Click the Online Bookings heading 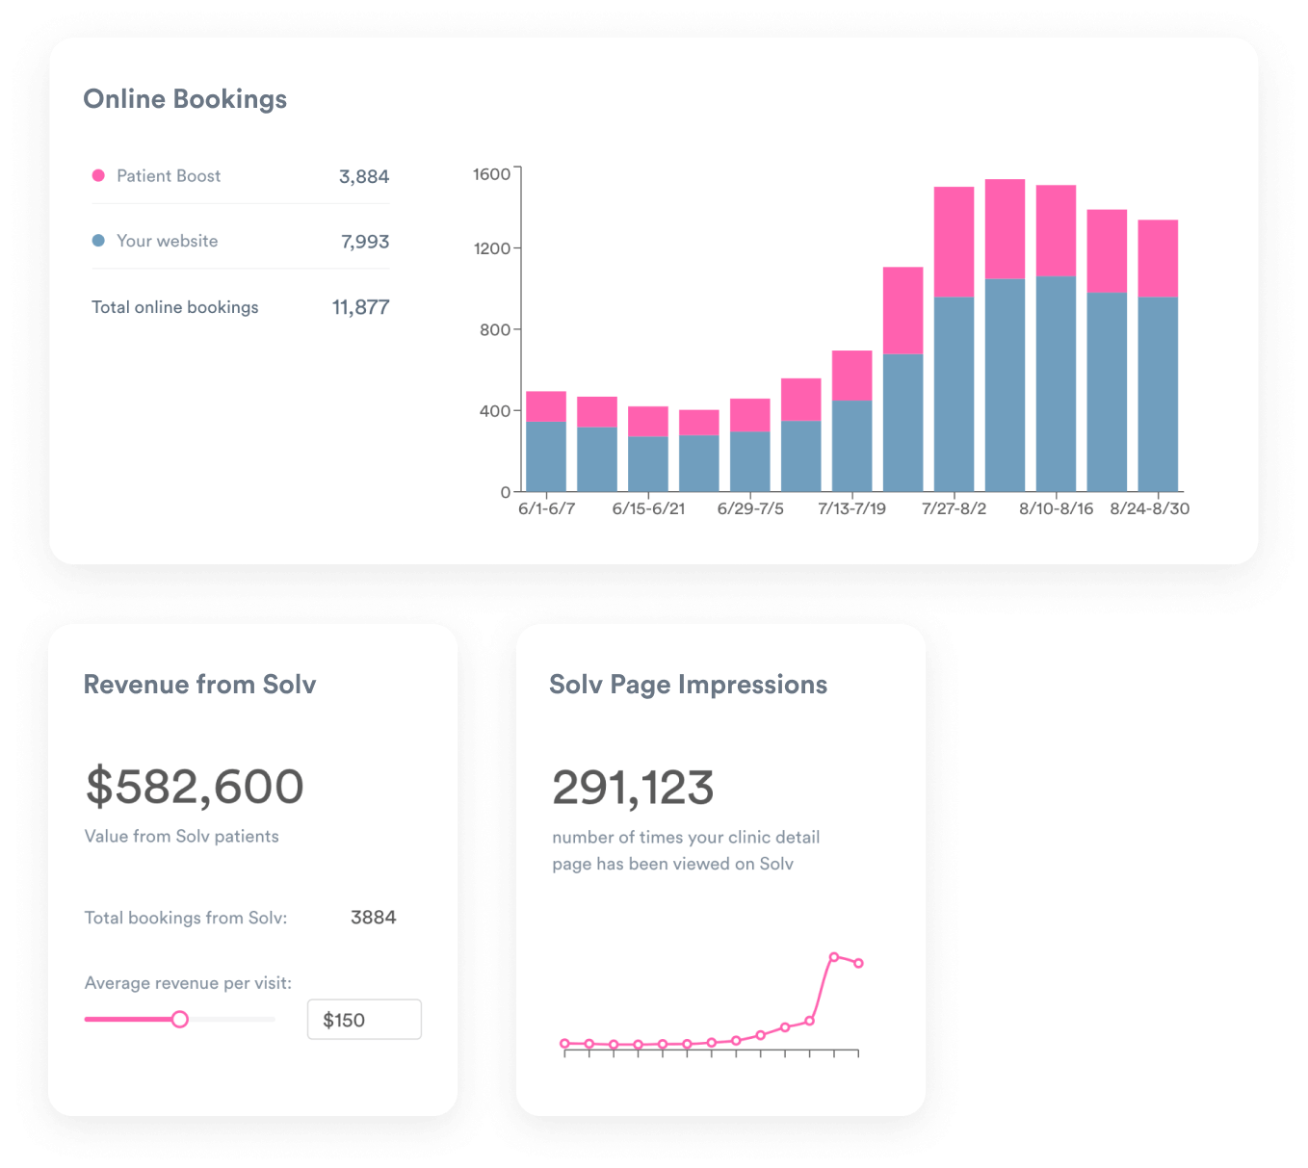pos(185,99)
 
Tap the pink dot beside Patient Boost pos(98,175)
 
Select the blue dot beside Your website pos(98,241)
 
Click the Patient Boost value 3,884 pos(364,176)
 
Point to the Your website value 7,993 pos(365,242)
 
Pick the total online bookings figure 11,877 pos(360,307)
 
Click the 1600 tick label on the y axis pos(491,174)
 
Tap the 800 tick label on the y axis pos(494,329)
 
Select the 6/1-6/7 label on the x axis pos(546,508)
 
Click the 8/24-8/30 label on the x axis pos(1149,508)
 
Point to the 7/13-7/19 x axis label pos(851,508)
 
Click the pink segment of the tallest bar pos(1005,229)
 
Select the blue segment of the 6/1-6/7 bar pos(546,456)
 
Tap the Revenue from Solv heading pos(199,685)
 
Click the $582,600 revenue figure pos(195,787)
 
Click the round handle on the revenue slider pos(179,1019)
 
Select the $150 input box pos(364,1020)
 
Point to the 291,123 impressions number pos(633,788)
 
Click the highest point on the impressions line pos(834,957)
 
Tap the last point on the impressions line pos(858,963)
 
